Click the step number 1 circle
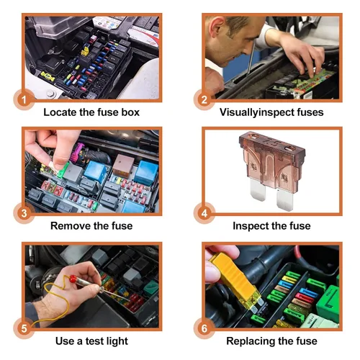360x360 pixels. tap(24, 99)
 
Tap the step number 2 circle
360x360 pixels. tap(204, 99)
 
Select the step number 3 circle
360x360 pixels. tap(24, 213)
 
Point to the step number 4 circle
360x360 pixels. tap(204, 213)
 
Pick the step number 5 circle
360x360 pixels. tap(24, 328)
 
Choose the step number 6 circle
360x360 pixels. tap(204, 328)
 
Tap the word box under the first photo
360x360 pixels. tap(130, 112)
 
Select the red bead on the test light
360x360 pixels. tap(73, 279)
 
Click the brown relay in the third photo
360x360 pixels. tap(124, 165)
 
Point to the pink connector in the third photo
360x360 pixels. tap(78, 155)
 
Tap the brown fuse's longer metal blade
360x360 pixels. tap(285, 199)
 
